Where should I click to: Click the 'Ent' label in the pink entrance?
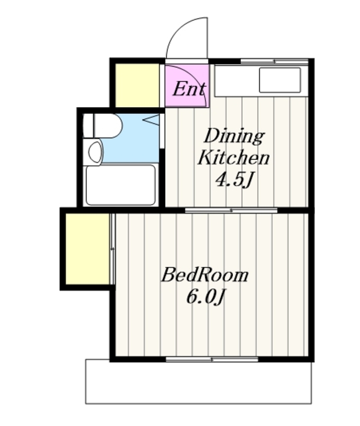coord(189,89)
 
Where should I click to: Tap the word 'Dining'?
coord(234,136)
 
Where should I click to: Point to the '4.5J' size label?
coord(234,180)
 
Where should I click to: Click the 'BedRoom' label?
coord(204,275)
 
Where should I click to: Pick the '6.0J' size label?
coord(206,297)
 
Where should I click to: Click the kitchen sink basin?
coord(279,80)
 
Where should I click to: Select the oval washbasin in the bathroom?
coord(95,152)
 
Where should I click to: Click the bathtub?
coord(120,185)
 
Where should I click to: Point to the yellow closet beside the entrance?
coord(137,85)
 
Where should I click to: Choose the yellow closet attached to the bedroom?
coord(87,249)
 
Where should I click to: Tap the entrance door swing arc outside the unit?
coord(178,28)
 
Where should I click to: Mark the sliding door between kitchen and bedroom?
coord(231,210)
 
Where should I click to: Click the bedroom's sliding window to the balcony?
coord(212,359)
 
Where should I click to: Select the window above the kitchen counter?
coord(274,61)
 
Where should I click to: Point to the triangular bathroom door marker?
coord(151,120)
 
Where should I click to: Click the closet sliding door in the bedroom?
coord(112,249)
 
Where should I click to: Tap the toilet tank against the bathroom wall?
coord(88,126)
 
